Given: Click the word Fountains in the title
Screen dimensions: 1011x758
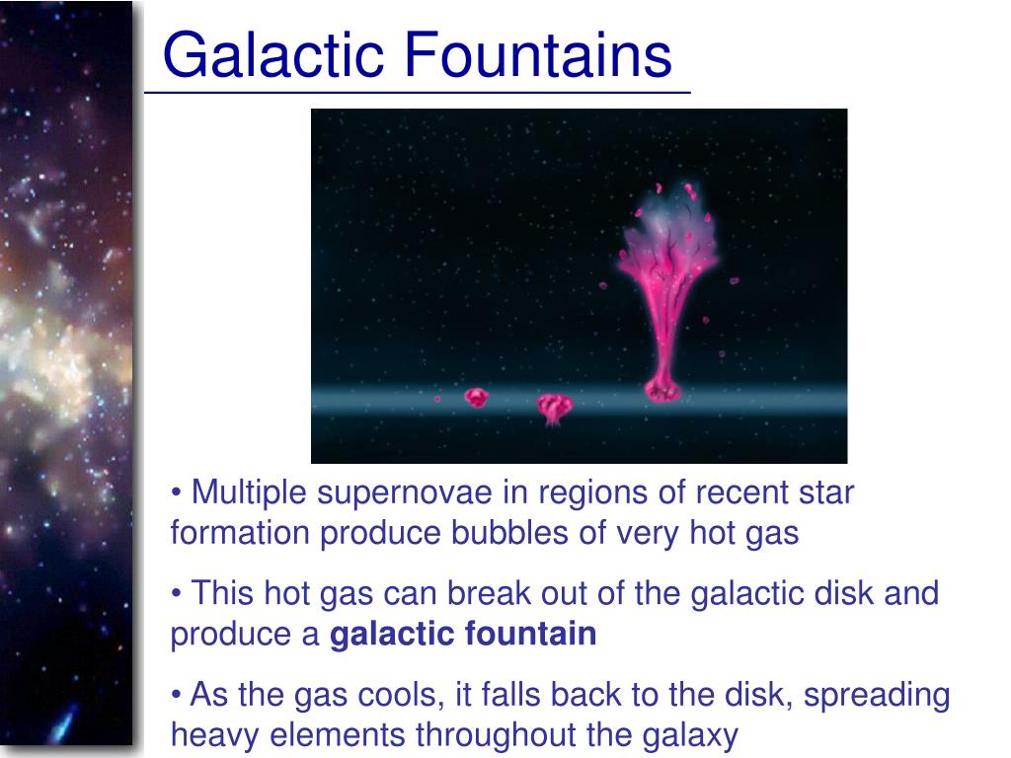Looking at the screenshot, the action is [x=538, y=55].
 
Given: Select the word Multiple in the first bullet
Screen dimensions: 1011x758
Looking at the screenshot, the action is [x=249, y=493].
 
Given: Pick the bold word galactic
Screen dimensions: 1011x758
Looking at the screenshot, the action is [x=392, y=635].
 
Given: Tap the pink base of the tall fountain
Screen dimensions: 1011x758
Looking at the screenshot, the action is [x=662, y=390].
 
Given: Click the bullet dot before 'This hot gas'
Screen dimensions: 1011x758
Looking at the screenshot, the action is [x=176, y=593].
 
